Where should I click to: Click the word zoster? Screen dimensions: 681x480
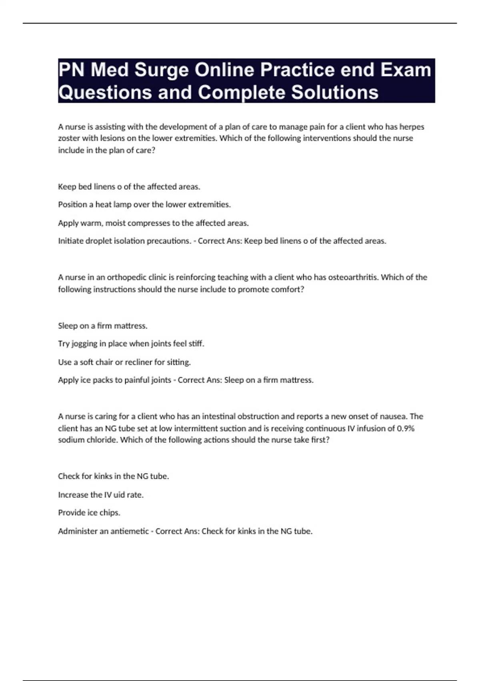coord(69,139)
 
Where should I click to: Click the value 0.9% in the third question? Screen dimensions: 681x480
coord(406,429)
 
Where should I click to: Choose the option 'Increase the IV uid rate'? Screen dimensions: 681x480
coord(100,495)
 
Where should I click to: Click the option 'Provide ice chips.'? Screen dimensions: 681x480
coord(89,513)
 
